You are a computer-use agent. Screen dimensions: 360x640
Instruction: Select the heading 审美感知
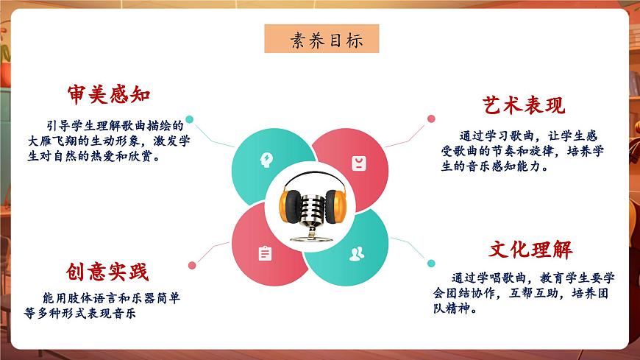(x=109, y=94)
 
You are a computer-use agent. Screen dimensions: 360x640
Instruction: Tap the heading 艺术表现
(x=525, y=105)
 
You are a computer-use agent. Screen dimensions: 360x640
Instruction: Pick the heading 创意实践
(x=106, y=272)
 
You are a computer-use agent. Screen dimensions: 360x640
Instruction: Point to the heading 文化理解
(x=530, y=250)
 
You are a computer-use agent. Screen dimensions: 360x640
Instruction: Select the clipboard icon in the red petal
(x=265, y=253)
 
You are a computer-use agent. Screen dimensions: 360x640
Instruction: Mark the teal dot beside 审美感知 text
(x=190, y=119)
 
